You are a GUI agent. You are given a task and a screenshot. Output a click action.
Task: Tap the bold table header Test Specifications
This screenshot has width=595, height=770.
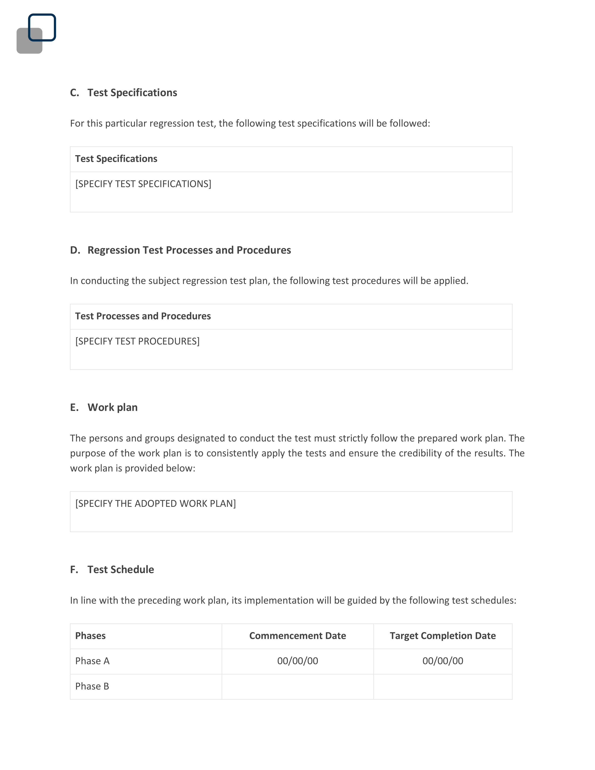[x=116, y=159]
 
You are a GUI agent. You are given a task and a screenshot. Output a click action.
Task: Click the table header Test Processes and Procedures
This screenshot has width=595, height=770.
[x=143, y=316]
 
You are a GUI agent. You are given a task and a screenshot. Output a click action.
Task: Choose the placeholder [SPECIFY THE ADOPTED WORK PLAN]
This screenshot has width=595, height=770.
[x=155, y=504]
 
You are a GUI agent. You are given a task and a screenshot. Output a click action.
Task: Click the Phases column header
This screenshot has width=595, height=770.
[x=90, y=636]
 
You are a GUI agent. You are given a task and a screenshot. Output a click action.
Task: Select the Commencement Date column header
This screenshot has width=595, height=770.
[x=297, y=636]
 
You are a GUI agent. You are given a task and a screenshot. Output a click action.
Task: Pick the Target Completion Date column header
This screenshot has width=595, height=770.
[x=442, y=636]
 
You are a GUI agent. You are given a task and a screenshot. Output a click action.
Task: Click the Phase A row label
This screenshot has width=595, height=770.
[x=92, y=661]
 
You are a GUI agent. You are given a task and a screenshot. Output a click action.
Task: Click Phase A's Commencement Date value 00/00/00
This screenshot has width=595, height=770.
[x=297, y=661]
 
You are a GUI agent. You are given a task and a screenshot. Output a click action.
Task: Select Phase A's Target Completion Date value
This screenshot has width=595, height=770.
[x=442, y=661]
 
